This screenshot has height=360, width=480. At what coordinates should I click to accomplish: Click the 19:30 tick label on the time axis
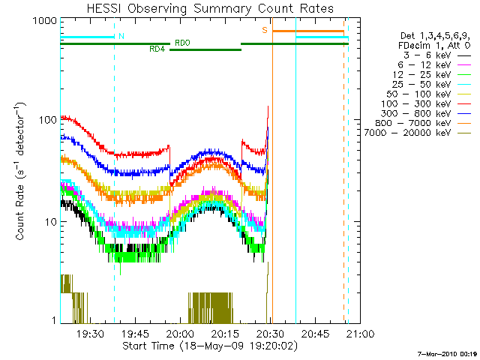90,334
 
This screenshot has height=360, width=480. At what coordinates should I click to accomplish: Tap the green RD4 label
157,49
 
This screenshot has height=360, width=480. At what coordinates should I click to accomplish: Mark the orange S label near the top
264,30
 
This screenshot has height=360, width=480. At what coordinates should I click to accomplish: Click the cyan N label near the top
121,36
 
